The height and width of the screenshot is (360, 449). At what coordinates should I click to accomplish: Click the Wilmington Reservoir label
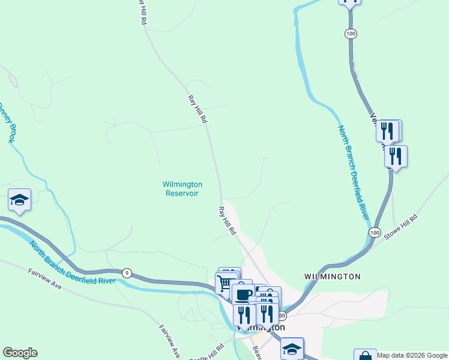click(182, 188)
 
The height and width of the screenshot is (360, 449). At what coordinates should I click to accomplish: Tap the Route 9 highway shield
click(127, 274)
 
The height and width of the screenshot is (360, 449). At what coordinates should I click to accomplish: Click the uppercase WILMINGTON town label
click(332, 277)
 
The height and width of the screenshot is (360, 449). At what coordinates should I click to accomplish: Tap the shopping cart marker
click(225, 282)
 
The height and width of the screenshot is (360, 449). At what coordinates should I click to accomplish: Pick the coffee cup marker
click(243, 294)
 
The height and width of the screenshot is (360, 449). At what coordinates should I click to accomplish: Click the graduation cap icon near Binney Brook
click(19, 199)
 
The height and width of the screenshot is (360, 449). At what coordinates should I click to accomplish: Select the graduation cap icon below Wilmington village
click(292, 348)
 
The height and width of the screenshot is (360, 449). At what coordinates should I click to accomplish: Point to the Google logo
click(20, 353)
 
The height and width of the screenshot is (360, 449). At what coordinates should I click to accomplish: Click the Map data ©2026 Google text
click(411, 355)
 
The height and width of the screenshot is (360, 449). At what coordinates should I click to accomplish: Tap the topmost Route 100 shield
click(351, 34)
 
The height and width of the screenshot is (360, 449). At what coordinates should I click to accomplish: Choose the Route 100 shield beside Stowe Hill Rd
click(375, 232)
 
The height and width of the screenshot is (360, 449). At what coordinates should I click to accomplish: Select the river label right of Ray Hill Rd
click(352, 172)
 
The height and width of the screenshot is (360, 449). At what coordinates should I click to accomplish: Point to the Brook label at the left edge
click(7, 122)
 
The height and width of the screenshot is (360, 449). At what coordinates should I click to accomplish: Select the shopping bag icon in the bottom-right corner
click(364, 355)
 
